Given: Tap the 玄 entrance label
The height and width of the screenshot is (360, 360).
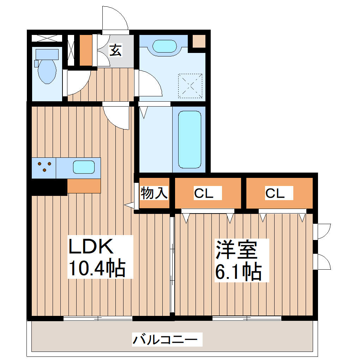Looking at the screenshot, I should coord(115,50).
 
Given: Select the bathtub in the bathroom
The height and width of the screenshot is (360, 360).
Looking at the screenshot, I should coord(189,139).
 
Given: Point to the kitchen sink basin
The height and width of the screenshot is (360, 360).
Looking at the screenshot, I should coord(84,167).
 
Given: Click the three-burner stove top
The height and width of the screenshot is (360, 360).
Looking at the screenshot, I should coord(44,167).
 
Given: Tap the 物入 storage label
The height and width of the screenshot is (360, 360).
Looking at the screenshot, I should coord(154,193).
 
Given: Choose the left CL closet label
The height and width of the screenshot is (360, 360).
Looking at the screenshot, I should coord(203,193).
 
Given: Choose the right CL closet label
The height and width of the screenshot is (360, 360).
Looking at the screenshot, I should coord(275,193).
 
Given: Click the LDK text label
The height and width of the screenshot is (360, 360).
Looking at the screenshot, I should coord(91,247).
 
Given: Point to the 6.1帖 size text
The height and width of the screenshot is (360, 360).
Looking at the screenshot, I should coord(239,271).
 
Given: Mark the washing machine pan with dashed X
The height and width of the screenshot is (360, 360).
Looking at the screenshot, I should coord(190,85).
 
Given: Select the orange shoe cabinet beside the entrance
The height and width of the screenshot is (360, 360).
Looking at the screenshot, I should coord(85,50).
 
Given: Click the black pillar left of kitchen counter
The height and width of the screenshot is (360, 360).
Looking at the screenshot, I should coord(48,187).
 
